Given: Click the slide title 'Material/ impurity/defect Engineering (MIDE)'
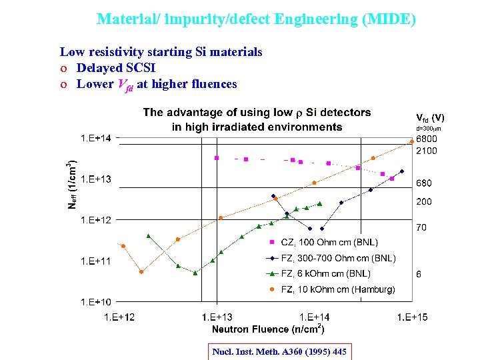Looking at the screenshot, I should (256, 19).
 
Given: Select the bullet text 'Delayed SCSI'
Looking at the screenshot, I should (115, 68).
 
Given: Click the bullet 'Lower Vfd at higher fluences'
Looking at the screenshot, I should (156, 84).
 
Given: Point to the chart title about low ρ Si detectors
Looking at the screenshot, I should (257, 119).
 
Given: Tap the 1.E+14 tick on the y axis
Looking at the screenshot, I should (96, 138).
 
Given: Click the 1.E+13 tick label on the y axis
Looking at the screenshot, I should (96, 179).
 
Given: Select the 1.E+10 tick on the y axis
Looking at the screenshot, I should (96, 302).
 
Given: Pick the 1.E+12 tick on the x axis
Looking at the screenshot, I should (119, 317).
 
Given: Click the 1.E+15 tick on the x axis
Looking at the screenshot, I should (412, 317).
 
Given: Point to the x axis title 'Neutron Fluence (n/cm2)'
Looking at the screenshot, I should (268, 329).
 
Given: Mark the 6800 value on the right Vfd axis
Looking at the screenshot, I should (427, 139).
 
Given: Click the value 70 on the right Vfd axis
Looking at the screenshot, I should (421, 228).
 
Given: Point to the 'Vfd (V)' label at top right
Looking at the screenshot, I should (430, 117).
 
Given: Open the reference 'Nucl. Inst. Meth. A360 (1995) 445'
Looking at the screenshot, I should (279, 351).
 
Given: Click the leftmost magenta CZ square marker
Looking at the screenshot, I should (216, 158).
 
